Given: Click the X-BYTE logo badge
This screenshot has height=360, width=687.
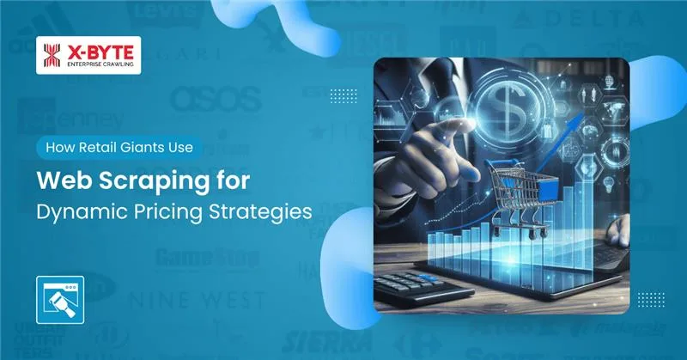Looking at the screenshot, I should pyautogui.click(x=90, y=53).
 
